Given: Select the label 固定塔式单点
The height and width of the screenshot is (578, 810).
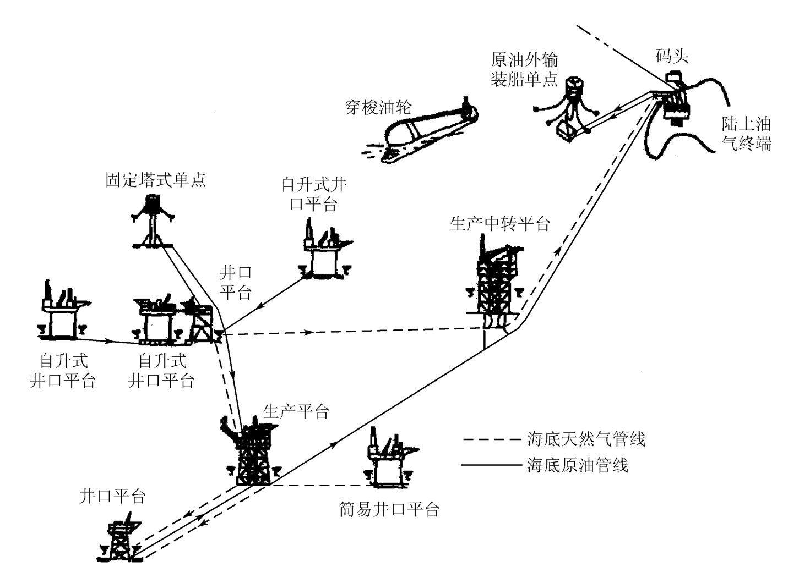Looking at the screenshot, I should point(156,180).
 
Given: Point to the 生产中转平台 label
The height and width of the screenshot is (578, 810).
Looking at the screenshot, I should point(499,224).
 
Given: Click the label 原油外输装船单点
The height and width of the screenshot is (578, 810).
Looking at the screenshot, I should point(524,70).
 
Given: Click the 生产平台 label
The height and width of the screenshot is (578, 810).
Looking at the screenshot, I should point(296,411).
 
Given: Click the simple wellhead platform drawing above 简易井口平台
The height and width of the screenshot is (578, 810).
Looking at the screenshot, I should point(389,459).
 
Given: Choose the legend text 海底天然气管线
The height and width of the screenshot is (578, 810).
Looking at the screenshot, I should point(585,439).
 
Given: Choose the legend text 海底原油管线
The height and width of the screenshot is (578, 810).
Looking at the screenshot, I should point(577,465).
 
